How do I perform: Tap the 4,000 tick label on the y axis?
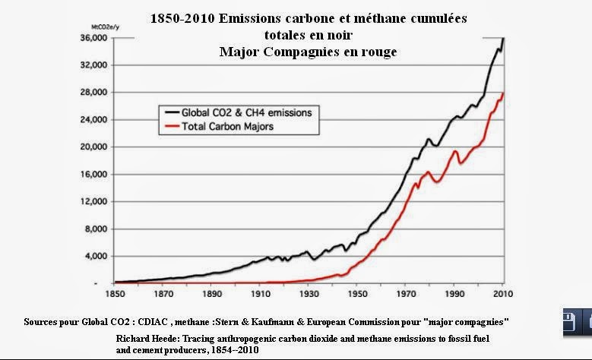[95, 256]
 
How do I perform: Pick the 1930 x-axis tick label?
[329, 293]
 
